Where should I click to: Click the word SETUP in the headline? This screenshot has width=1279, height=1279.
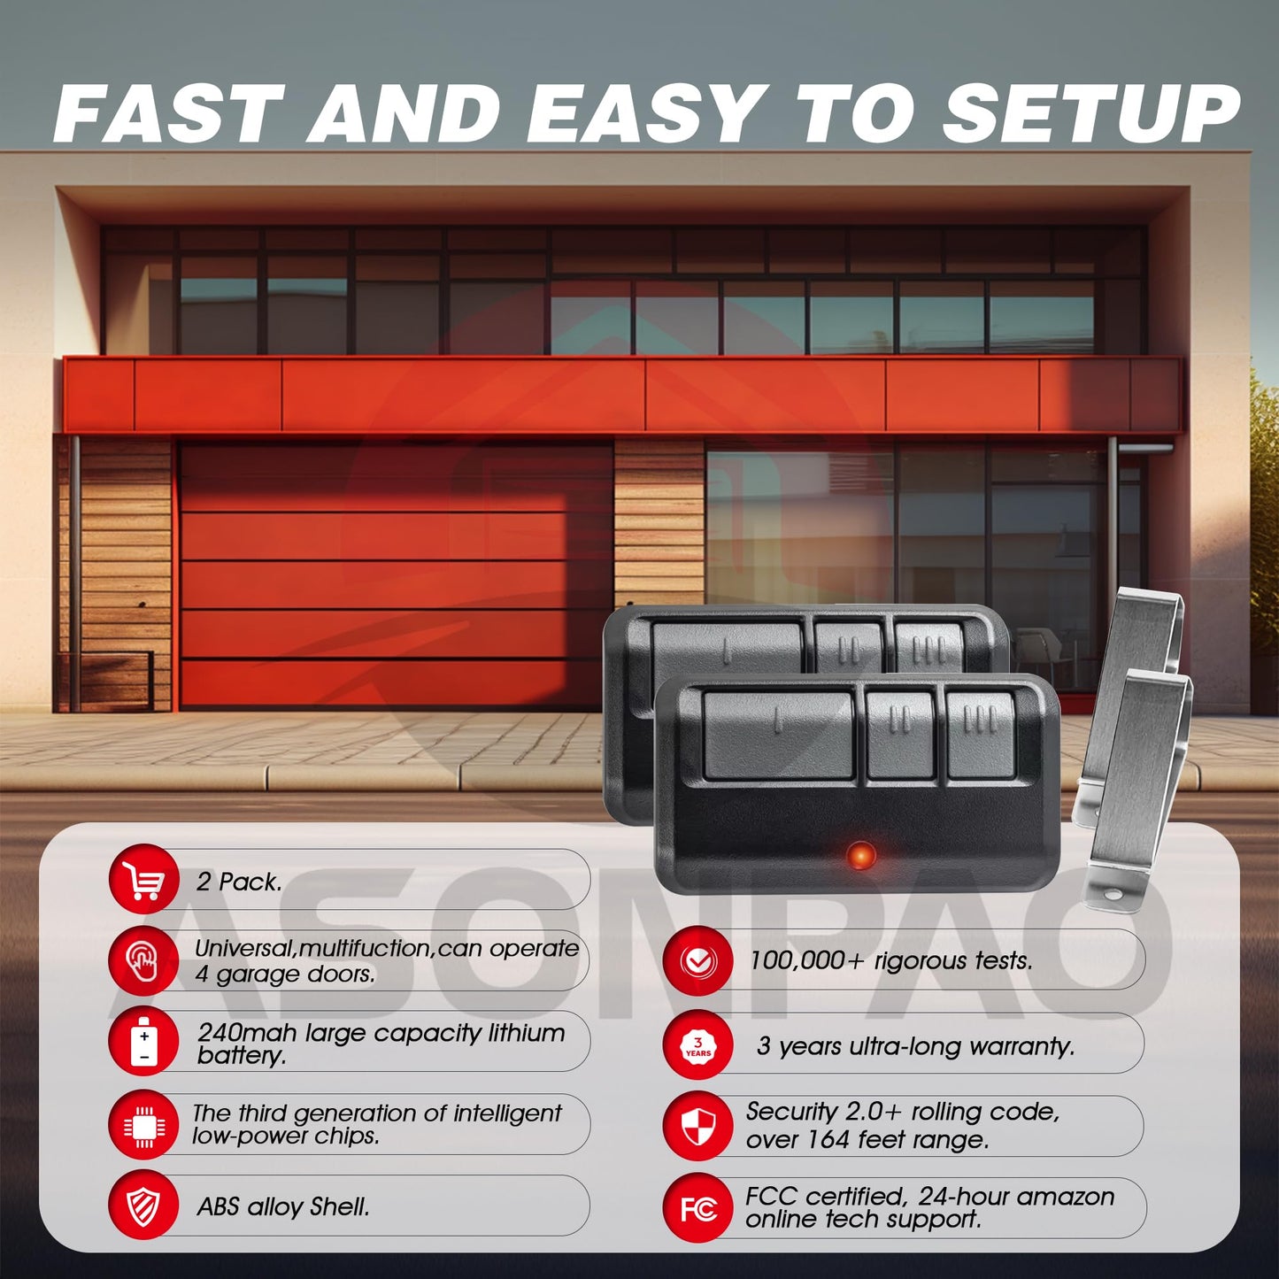[x=1090, y=114]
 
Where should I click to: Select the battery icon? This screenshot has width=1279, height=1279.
[x=143, y=1042]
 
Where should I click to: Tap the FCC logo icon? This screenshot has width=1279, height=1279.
[x=698, y=1208]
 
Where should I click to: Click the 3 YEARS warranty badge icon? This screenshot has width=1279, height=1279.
[x=698, y=1046]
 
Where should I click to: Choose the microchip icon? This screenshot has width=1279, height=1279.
[x=143, y=1126]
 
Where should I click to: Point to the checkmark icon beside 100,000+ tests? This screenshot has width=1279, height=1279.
[x=698, y=961]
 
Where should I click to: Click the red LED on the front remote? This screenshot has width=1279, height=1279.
[x=859, y=855]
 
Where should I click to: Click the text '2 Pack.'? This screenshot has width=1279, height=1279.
[x=239, y=882]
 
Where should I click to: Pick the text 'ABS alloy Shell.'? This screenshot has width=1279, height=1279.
[x=283, y=1206]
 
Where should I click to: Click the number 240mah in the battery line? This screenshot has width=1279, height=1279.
[x=246, y=1033]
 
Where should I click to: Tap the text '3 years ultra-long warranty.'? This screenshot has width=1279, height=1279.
[x=915, y=1046]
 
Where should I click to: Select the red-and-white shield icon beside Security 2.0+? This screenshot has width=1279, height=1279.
[x=698, y=1126]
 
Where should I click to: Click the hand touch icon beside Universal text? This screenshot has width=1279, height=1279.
[x=143, y=960]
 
